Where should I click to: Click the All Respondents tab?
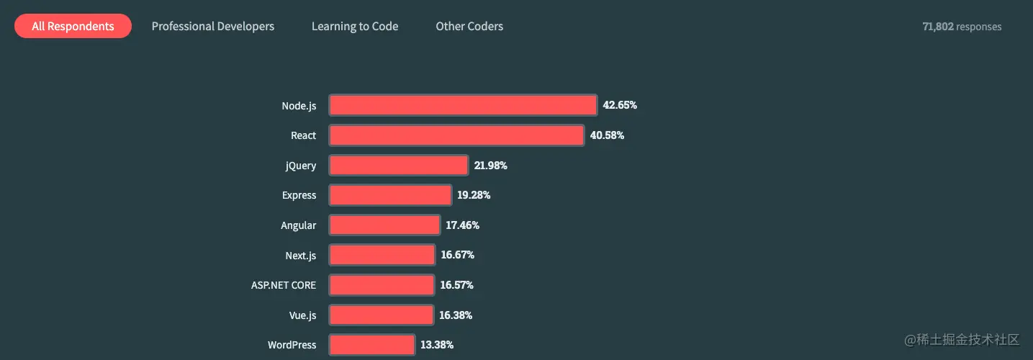(x=73, y=27)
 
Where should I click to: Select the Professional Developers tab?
(x=212, y=27)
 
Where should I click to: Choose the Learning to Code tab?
(x=355, y=27)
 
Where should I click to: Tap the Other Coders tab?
(x=469, y=27)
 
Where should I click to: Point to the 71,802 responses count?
(x=962, y=27)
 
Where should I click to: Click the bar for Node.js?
(x=463, y=105)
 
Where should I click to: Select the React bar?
(x=456, y=135)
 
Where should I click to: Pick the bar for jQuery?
(x=399, y=166)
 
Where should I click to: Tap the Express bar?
(x=390, y=195)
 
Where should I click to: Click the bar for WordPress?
(x=372, y=345)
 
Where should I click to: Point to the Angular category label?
(x=298, y=225)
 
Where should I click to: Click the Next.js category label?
(x=300, y=256)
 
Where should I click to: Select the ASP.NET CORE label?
(x=283, y=285)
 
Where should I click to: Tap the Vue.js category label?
(x=302, y=315)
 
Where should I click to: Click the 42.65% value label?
(x=620, y=105)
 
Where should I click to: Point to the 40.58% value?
(x=607, y=135)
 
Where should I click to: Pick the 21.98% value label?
(x=490, y=166)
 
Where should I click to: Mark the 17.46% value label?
(x=462, y=225)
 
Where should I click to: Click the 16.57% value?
(x=456, y=285)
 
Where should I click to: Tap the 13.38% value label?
(x=437, y=345)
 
